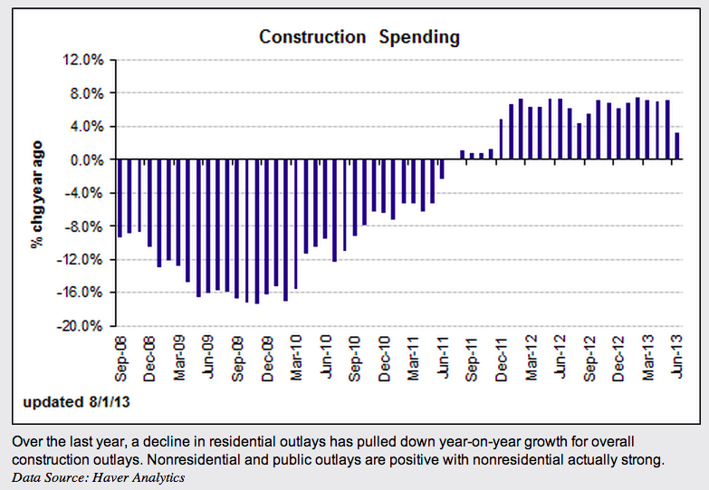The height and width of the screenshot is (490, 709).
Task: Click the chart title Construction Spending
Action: click(359, 37)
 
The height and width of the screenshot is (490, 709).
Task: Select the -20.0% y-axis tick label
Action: click(84, 326)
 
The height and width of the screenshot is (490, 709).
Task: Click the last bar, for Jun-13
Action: click(675, 146)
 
